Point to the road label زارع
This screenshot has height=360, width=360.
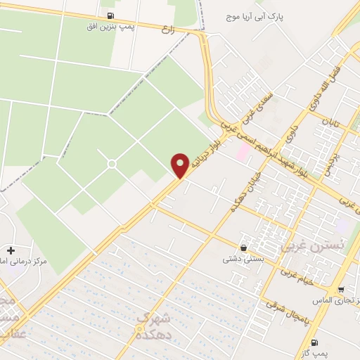point(188,30)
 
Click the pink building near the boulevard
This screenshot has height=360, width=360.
point(243,151)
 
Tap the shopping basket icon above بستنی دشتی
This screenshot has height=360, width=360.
point(243,247)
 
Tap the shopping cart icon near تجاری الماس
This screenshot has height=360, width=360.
point(341,290)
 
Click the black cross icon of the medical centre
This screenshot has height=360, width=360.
point(11,250)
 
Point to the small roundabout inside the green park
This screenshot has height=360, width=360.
point(111,164)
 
